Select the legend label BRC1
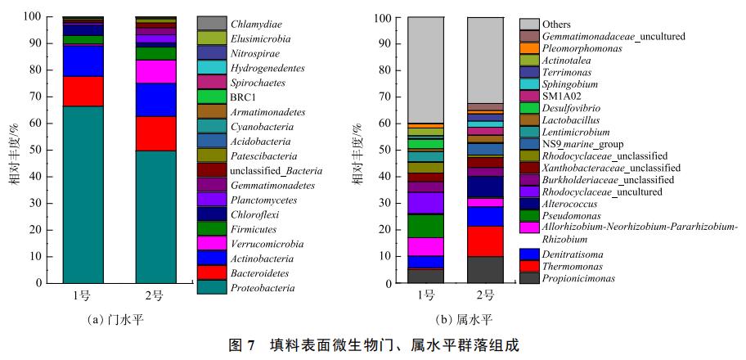tap(244, 97)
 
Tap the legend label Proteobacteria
tap(262, 288)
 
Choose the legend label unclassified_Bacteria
tap(276, 171)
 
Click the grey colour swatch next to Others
tap(529, 25)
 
